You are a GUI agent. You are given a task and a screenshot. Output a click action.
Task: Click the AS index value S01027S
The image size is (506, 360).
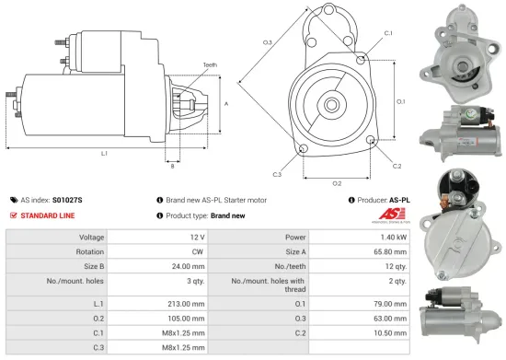(67, 199)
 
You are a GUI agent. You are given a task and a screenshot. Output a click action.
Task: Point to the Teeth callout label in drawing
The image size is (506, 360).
(211, 65)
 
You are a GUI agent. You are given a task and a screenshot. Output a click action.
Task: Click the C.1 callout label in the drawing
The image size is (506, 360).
(388, 33)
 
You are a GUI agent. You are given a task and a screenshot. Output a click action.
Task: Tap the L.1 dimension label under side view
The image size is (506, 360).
(104, 154)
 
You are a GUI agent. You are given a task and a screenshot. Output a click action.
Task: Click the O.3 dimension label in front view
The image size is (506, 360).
(267, 42)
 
